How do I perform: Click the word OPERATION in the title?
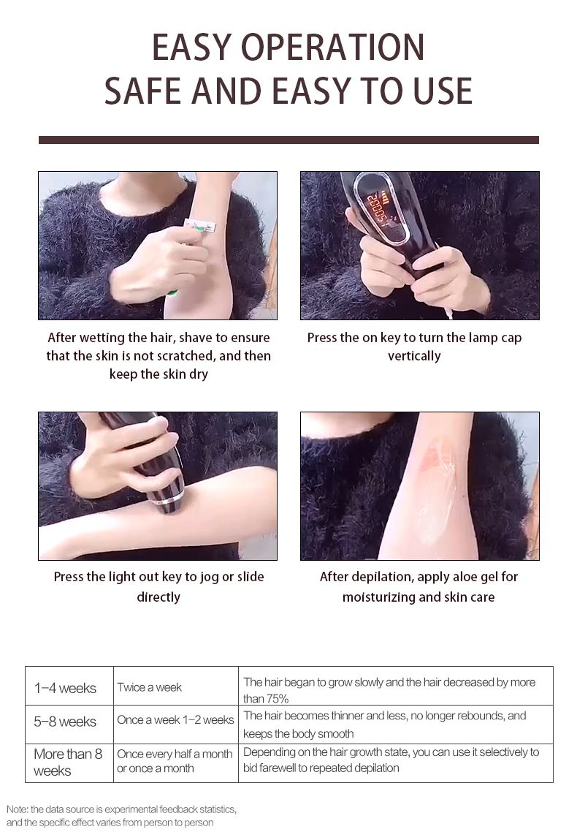[x=333, y=48]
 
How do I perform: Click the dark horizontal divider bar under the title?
[x=288, y=140]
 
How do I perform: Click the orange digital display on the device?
[x=375, y=208]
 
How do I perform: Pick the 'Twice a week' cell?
[x=150, y=687]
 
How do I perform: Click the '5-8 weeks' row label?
[x=65, y=722]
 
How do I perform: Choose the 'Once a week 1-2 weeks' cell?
[x=175, y=720]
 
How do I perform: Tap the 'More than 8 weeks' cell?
[x=68, y=763]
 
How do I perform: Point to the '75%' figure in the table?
[x=275, y=698]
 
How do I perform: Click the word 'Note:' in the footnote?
[x=18, y=809]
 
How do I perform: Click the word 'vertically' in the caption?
[x=414, y=356]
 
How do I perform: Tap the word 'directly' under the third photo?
[x=158, y=597]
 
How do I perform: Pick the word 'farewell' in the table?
[x=274, y=768]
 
